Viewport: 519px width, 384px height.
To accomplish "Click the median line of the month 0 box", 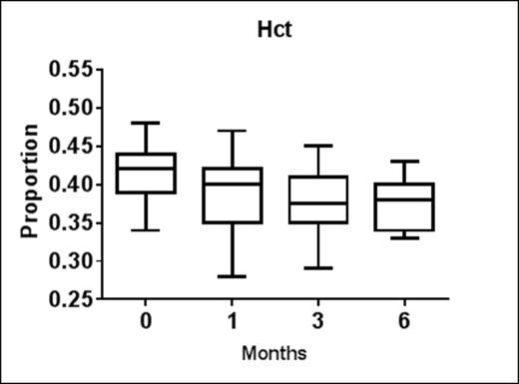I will click(146, 169).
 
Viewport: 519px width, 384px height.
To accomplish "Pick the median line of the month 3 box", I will click(317, 202).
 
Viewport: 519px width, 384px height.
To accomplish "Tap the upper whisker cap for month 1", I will click(231, 131).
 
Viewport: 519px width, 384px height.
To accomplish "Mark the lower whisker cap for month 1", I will click(231, 276).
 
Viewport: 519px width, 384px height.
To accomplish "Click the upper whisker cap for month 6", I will click(402, 162).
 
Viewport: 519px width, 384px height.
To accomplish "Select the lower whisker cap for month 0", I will click(146, 230).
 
